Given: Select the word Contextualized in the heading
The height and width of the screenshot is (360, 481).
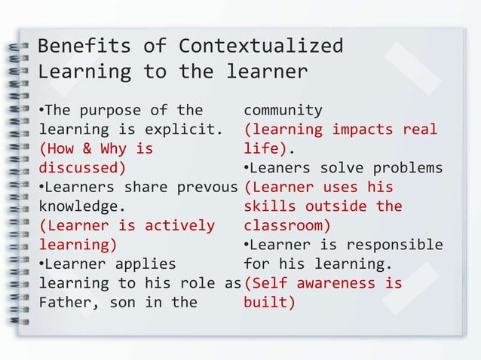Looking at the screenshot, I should [x=261, y=46].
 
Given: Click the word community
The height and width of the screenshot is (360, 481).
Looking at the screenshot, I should [x=283, y=110].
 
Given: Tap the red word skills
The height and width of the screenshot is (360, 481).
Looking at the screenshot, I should [x=270, y=206].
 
